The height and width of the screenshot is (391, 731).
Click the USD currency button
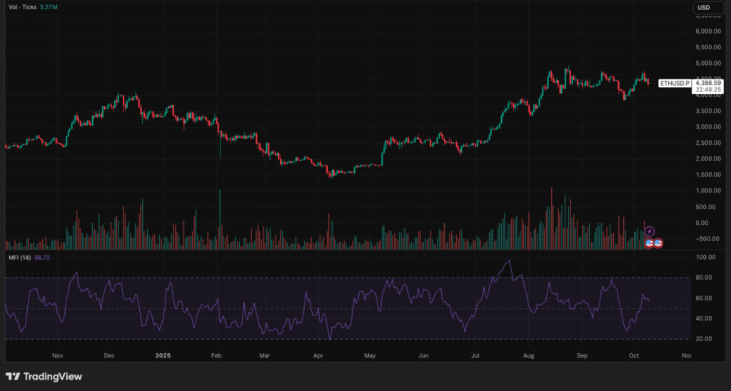(703, 8)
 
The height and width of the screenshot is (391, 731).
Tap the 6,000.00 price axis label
(708, 31)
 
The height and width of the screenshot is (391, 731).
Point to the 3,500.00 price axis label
(708, 111)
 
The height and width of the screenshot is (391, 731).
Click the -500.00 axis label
(707, 239)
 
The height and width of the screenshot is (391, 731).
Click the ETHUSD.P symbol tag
(675, 83)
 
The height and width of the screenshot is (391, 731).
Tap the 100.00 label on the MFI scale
(706, 257)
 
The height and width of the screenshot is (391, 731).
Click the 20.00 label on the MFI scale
(706, 339)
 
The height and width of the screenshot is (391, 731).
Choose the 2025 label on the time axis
(163, 354)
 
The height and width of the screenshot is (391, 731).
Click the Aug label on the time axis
(528, 354)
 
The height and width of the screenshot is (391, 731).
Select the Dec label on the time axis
(109, 354)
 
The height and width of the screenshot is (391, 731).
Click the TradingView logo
(44, 376)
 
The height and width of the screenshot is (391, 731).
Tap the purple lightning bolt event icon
(650, 232)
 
